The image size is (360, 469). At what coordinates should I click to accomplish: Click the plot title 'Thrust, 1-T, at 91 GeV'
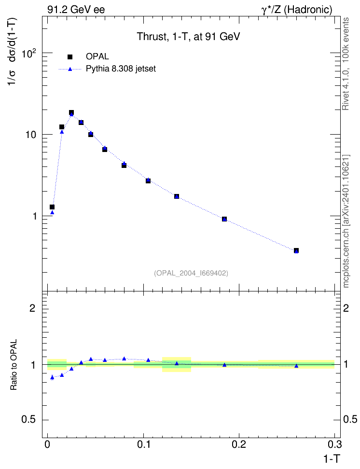pyautogui.click(x=188, y=37)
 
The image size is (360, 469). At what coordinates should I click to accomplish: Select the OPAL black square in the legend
pyautogui.click(x=70, y=57)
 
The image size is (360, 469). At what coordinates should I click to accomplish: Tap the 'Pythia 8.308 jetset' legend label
pyautogui.click(x=121, y=69)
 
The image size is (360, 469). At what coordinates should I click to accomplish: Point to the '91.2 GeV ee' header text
pyautogui.click(x=76, y=10)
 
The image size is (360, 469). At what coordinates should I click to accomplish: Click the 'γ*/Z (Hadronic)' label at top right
pyautogui.click(x=297, y=10)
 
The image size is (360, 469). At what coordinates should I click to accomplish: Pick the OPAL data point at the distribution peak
pyautogui.click(x=71, y=112)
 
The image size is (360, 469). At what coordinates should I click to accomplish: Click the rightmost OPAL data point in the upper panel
pyautogui.click(x=296, y=250)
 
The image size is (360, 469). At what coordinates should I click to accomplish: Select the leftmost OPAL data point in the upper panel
pyautogui.click(x=52, y=207)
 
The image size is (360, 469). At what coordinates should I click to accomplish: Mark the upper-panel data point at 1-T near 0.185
pyautogui.click(x=224, y=219)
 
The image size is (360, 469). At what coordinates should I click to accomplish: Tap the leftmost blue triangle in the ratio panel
pyautogui.click(x=52, y=377)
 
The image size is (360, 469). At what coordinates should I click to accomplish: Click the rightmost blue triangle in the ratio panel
pyautogui.click(x=296, y=366)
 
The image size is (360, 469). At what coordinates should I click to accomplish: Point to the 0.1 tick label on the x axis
pyautogui.click(x=144, y=444)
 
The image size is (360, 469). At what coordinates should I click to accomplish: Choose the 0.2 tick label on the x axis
pyautogui.click(x=239, y=444)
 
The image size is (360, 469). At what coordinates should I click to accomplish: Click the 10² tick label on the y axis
pyautogui.click(x=29, y=54)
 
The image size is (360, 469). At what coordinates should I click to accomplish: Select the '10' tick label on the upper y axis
pyautogui.click(x=30, y=135)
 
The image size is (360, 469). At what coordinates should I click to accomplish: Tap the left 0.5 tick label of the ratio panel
pyautogui.click(x=28, y=420)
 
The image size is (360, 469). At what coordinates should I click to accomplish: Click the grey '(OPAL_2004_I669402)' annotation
pyautogui.click(x=191, y=273)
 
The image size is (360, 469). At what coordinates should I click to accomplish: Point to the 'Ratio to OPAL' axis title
pyautogui.click(x=14, y=365)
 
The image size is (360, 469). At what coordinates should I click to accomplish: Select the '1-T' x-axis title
pyautogui.click(x=332, y=458)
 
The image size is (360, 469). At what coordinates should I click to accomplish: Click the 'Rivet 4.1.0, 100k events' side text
pyautogui.click(x=346, y=64)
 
